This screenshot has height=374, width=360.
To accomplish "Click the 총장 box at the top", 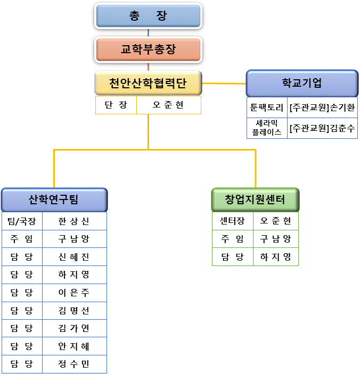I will point(148,16).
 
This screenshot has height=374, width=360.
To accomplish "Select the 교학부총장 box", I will point(148,49).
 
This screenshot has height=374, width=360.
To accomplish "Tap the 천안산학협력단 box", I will point(148,83).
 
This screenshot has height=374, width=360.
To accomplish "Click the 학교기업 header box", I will point(302,83).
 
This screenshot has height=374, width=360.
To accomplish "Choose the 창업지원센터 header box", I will point(255,200).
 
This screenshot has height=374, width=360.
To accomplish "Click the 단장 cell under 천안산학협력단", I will point(116,105).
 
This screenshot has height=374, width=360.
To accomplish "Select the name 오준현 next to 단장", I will point(168,105).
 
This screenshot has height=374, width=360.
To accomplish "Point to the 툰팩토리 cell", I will point(267,106).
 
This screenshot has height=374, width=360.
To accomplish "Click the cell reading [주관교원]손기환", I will point(322,106).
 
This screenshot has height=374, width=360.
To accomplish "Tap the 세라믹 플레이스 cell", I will point(267,128).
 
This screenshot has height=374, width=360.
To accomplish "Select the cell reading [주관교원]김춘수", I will point(322,128).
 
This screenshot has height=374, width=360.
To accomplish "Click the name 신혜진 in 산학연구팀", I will point(74,257).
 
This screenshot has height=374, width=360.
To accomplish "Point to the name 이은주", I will point(74,293).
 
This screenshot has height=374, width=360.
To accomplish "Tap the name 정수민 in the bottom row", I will point(74,364).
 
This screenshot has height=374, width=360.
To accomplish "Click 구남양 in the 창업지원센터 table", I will point(275,239).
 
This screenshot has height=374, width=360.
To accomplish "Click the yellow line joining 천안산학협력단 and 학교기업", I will point(224,83).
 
